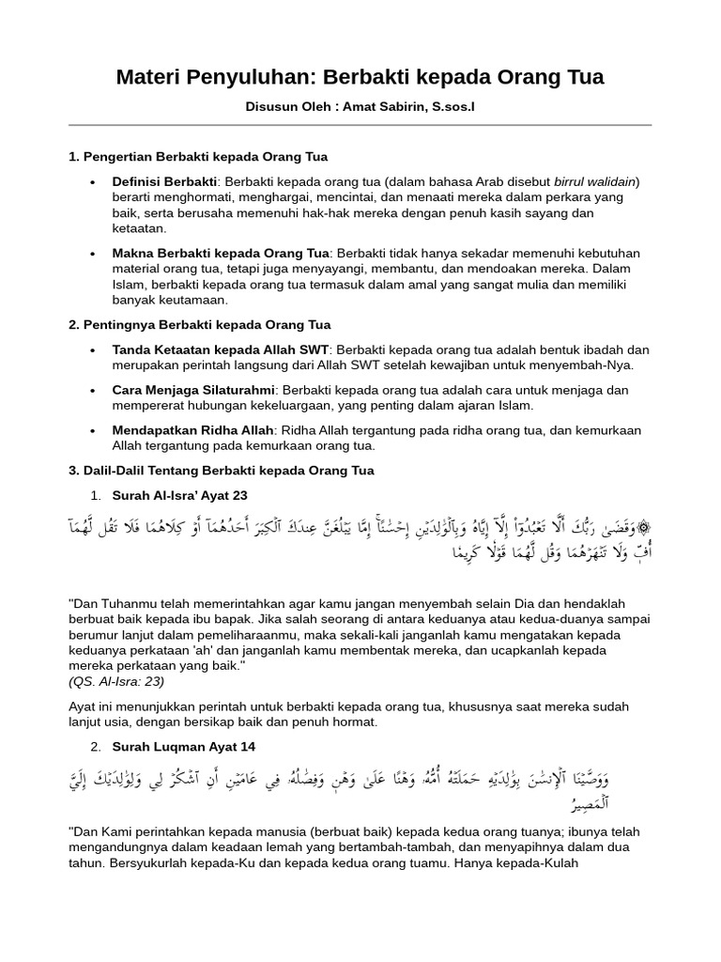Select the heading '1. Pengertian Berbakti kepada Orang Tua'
(198, 156)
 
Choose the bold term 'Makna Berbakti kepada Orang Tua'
(221, 254)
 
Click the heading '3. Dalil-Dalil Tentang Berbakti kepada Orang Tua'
(222, 471)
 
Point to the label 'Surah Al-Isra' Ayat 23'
(179, 495)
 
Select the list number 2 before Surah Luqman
(95, 747)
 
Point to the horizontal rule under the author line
(360, 125)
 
